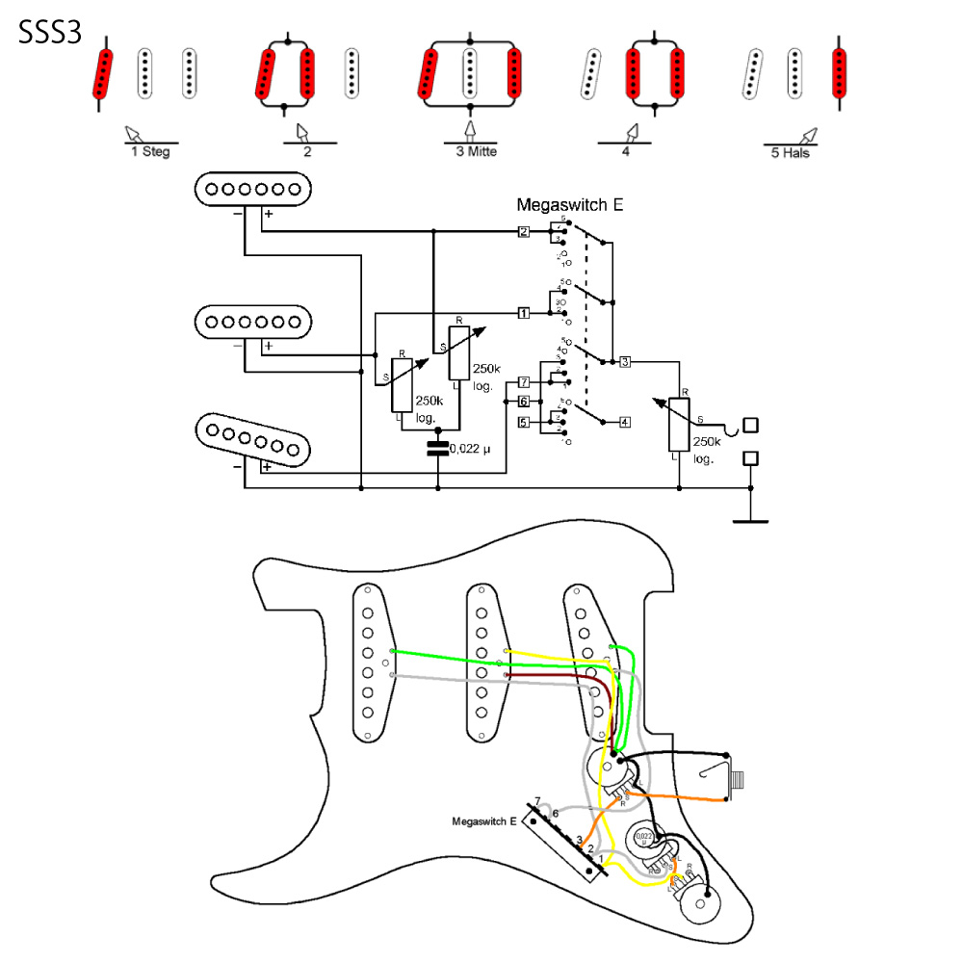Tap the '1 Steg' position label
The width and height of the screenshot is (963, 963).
150,151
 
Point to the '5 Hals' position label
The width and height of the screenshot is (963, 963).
791,152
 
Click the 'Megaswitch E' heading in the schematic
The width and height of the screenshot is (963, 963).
562,205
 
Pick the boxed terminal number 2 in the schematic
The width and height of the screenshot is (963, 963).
523,232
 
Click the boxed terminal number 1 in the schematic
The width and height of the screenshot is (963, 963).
523,313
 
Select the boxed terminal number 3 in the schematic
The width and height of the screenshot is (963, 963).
625,362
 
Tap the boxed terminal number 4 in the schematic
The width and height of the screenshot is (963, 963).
625,422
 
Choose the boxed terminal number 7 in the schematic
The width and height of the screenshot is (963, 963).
523,382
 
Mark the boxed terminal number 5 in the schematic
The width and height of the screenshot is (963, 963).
523,422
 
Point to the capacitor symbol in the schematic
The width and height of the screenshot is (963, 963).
438,447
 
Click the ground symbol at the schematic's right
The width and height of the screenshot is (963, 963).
751,520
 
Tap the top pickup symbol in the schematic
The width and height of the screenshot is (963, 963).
255,189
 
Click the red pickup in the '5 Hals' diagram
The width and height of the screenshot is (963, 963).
840,73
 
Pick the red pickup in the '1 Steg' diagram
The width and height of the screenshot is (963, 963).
103,74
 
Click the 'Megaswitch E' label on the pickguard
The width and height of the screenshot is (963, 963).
484,821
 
